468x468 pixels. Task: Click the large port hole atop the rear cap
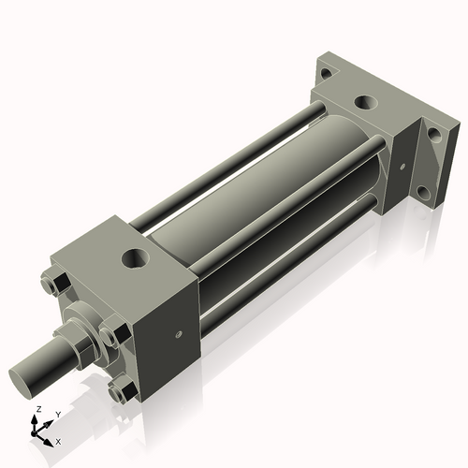(363, 100)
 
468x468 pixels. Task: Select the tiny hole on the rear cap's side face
(402, 168)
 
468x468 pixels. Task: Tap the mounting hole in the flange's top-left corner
(325, 72)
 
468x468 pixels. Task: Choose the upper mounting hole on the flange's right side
(432, 135)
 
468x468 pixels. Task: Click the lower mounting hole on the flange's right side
(423, 193)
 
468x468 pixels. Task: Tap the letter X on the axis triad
(59, 440)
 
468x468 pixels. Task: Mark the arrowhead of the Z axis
(35, 420)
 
